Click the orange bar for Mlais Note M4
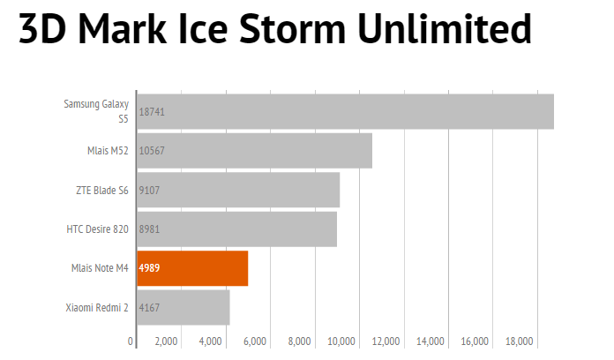(203, 268)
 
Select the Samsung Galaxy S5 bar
(353, 112)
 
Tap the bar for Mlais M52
(265, 151)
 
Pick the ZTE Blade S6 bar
(247, 190)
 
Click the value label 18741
(152, 112)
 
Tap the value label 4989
(149, 268)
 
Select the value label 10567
(152, 151)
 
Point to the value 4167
(149, 307)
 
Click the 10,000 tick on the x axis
(341, 341)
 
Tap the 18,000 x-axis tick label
(520, 341)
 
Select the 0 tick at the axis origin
(131, 341)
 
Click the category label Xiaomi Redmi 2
(97, 307)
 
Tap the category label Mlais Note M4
(100, 268)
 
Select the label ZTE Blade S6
(102, 190)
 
